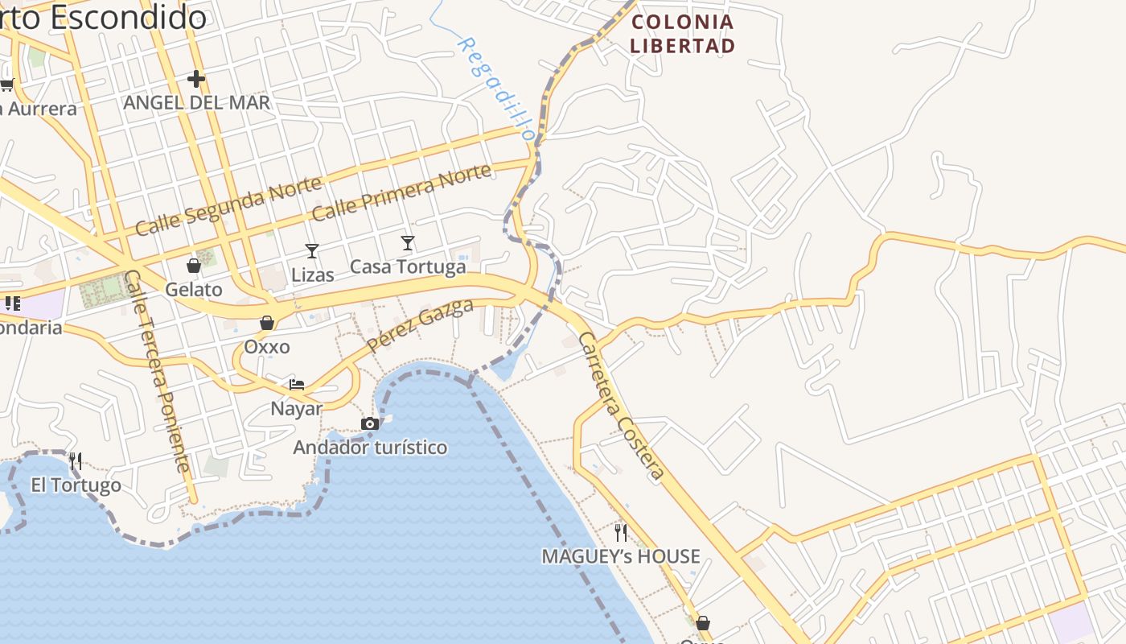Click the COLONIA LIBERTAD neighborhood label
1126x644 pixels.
[682, 34]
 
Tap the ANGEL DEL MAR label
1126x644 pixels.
[196, 103]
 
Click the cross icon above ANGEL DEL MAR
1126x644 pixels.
[196, 79]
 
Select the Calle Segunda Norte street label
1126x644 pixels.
[228, 207]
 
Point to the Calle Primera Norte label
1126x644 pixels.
[401, 192]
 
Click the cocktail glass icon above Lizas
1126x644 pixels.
[312, 251]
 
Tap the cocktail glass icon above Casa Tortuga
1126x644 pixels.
[408, 242]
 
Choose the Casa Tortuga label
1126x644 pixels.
[408, 266]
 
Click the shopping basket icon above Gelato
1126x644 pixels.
[194, 265]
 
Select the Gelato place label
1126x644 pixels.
[194, 289]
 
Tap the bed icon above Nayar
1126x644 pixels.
[297, 384]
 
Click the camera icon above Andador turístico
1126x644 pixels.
[370, 423]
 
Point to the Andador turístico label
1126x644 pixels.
[370, 447]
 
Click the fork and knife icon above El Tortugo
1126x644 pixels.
[76, 461]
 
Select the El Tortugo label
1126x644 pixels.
[76, 485]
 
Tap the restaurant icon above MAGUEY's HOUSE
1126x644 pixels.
[621, 532]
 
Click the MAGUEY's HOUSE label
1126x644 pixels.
[621, 556]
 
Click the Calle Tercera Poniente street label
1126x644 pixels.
[158, 371]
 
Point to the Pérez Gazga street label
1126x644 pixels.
[420, 325]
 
